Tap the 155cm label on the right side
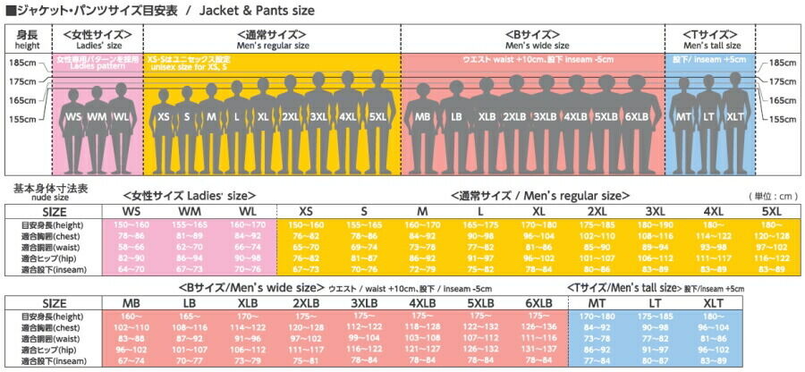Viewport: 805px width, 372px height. pos(783,119)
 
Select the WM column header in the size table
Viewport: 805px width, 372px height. pos(189,209)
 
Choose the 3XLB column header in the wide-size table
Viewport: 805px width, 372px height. pos(367,303)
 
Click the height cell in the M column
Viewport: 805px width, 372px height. pos(422,224)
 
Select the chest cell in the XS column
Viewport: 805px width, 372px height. pos(306,235)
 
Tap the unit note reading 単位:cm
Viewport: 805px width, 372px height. pos(771,195)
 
